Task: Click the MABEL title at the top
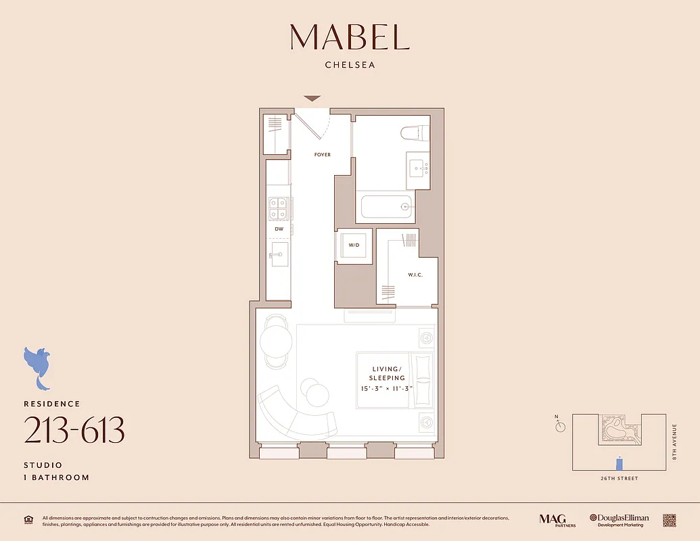(350, 37)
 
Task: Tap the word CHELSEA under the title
(350, 66)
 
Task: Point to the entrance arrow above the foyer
(312, 99)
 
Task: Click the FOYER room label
(323, 155)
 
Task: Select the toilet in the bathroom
(415, 133)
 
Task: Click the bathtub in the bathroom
(386, 207)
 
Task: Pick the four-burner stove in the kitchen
(278, 208)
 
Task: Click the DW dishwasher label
(278, 230)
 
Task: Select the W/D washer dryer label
(354, 245)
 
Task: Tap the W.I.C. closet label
(415, 275)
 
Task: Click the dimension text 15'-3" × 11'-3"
(387, 388)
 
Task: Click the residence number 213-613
(74, 430)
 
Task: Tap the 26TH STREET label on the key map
(619, 478)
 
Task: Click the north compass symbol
(559, 426)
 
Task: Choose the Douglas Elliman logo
(619, 519)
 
